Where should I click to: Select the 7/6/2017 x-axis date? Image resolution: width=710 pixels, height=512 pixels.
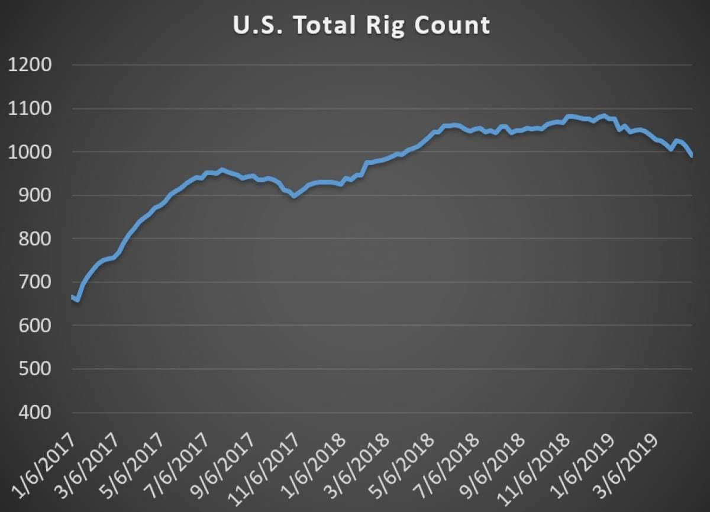[180, 471]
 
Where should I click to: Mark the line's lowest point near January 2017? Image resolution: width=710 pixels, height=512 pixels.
[78, 300]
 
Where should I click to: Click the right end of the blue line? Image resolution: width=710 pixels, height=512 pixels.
[692, 156]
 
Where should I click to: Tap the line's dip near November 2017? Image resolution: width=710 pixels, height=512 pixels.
[294, 195]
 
